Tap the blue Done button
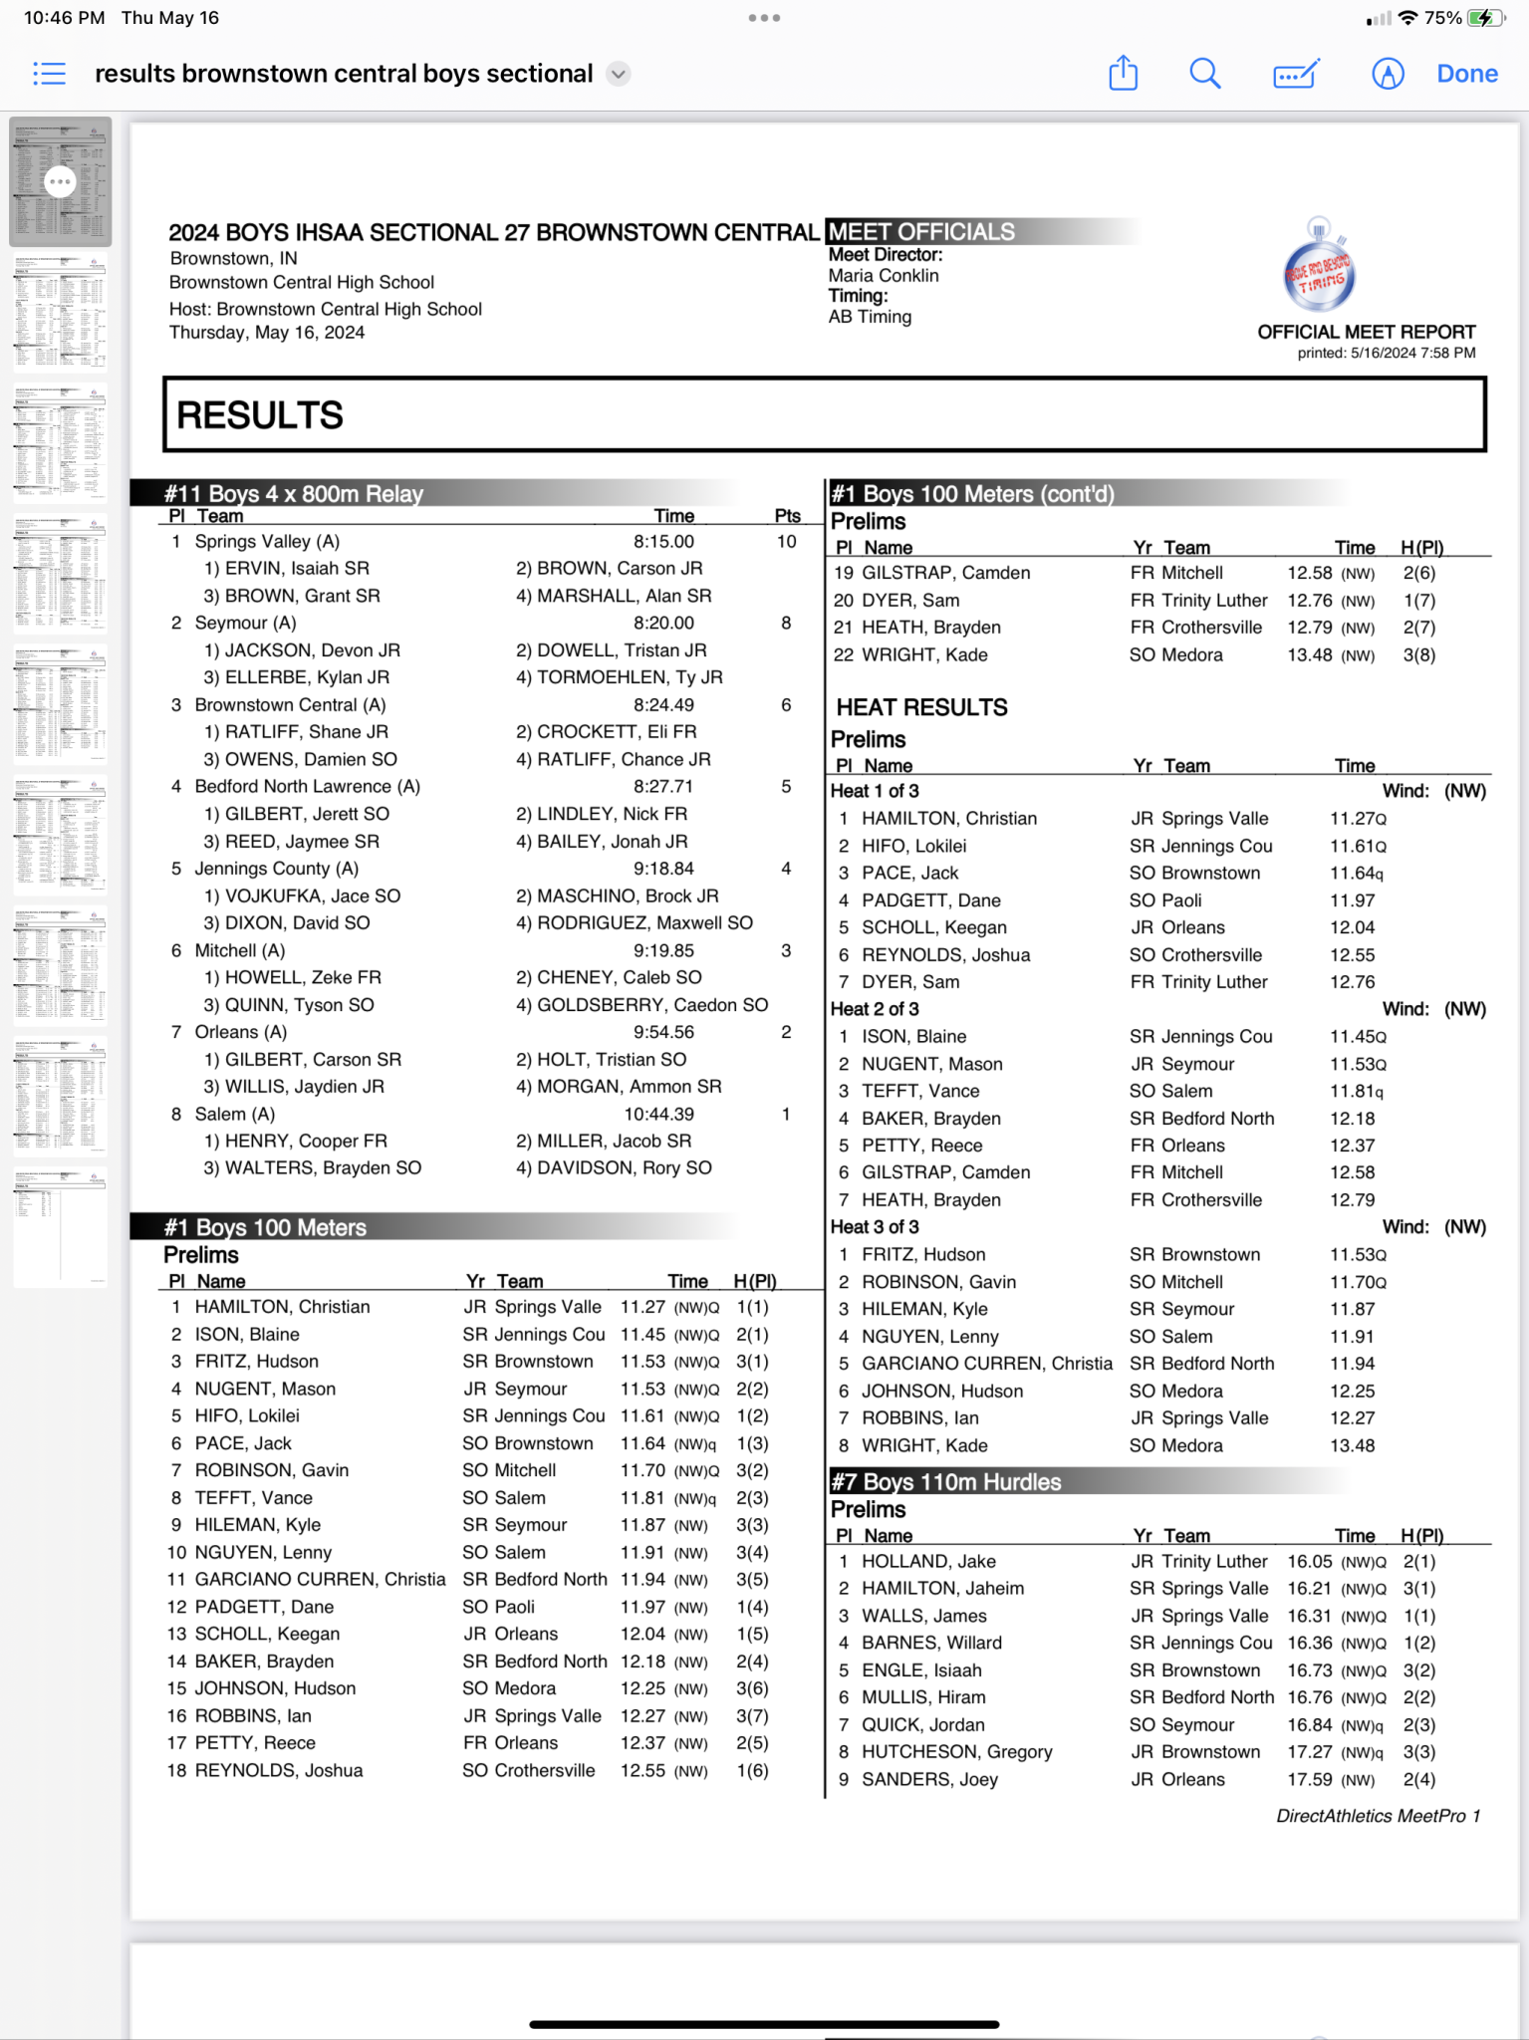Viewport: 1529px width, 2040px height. (x=1466, y=74)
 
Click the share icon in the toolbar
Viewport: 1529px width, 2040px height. (x=1123, y=74)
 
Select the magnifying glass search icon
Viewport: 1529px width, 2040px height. (x=1204, y=74)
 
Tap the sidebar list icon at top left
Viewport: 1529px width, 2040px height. (x=49, y=74)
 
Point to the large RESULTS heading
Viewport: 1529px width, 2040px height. (x=260, y=415)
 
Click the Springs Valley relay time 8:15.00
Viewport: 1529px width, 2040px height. (x=663, y=542)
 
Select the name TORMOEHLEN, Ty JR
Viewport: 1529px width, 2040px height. (x=630, y=677)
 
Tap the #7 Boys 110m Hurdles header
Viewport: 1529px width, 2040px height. (x=946, y=1482)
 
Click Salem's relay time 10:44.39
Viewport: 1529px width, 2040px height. (x=658, y=1114)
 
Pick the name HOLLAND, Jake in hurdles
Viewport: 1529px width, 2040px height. (x=928, y=1561)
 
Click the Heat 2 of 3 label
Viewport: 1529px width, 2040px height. (x=875, y=1009)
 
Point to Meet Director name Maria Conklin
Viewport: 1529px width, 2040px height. (x=884, y=276)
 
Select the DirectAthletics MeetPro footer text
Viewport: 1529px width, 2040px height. (x=1378, y=1816)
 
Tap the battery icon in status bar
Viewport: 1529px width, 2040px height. (x=1485, y=18)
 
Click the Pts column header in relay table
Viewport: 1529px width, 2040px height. (x=787, y=516)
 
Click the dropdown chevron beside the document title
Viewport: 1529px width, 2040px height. (x=619, y=74)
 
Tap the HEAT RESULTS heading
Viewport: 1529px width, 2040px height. (x=921, y=707)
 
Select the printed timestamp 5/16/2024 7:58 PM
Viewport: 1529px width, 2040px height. (x=1412, y=353)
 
